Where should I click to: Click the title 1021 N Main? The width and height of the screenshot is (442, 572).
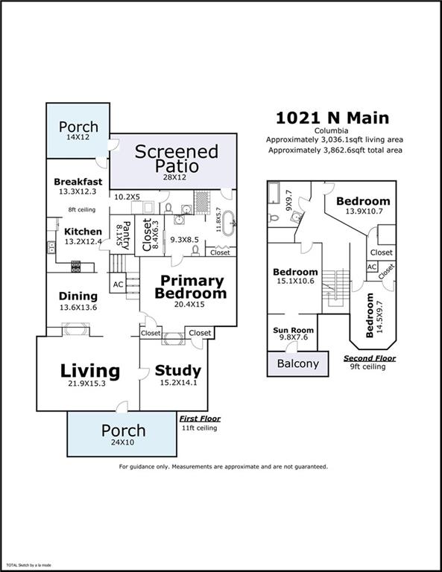(x=332, y=117)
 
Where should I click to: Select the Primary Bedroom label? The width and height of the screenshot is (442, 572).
(x=190, y=287)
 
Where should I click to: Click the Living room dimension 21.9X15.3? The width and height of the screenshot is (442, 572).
(x=89, y=385)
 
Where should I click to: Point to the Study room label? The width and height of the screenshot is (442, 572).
(x=177, y=370)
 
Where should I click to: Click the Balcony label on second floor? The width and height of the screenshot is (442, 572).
(x=297, y=363)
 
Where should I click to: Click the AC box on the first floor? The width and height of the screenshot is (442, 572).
(x=118, y=284)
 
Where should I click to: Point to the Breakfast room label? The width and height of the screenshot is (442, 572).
(x=78, y=182)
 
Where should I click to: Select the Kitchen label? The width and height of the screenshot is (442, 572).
(x=82, y=231)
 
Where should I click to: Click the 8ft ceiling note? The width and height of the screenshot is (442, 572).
(x=82, y=209)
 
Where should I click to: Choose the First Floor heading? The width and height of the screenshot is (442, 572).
(x=200, y=419)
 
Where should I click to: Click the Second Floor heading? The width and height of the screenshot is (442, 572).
(x=370, y=358)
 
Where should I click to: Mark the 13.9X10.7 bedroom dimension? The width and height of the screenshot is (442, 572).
(x=362, y=212)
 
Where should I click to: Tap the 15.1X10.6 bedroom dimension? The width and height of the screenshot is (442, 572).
(x=294, y=281)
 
